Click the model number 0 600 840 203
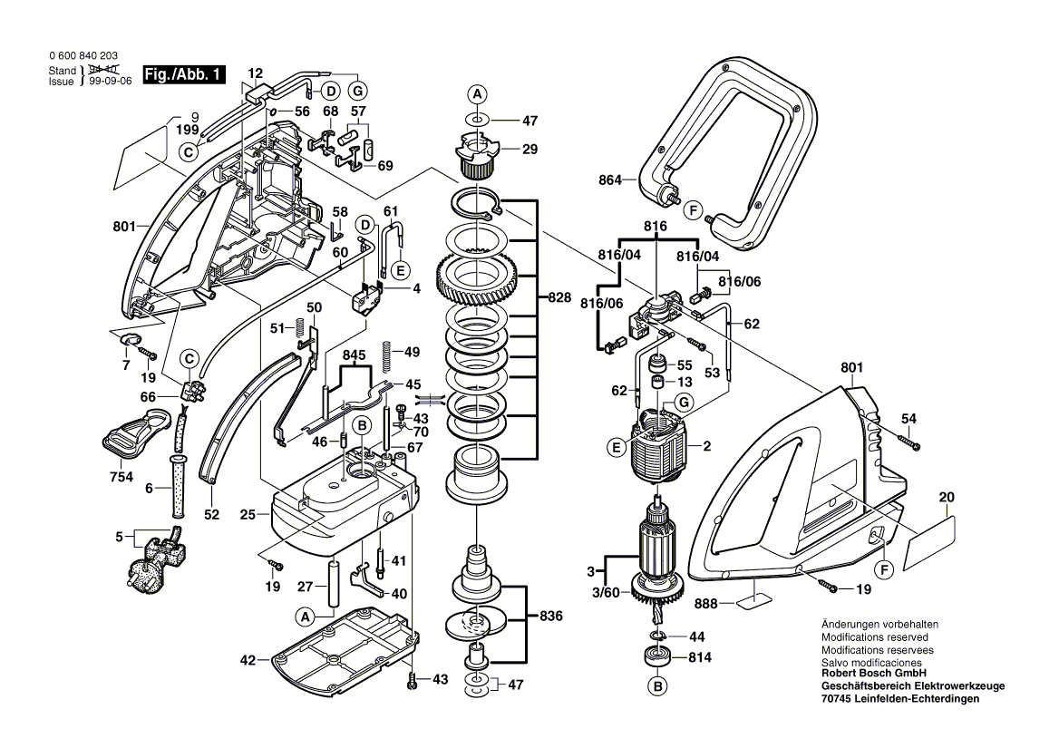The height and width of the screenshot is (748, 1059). [x=83, y=56]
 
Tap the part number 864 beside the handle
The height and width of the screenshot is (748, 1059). [x=610, y=180]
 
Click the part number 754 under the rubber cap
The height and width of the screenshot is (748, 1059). [x=120, y=477]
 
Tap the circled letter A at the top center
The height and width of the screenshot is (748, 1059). [x=478, y=94]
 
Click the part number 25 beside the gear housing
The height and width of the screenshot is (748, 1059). [x=247, y=514]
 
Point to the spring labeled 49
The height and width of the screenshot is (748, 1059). [x=387, y=352]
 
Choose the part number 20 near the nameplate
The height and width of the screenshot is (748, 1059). [x=947, y=498]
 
